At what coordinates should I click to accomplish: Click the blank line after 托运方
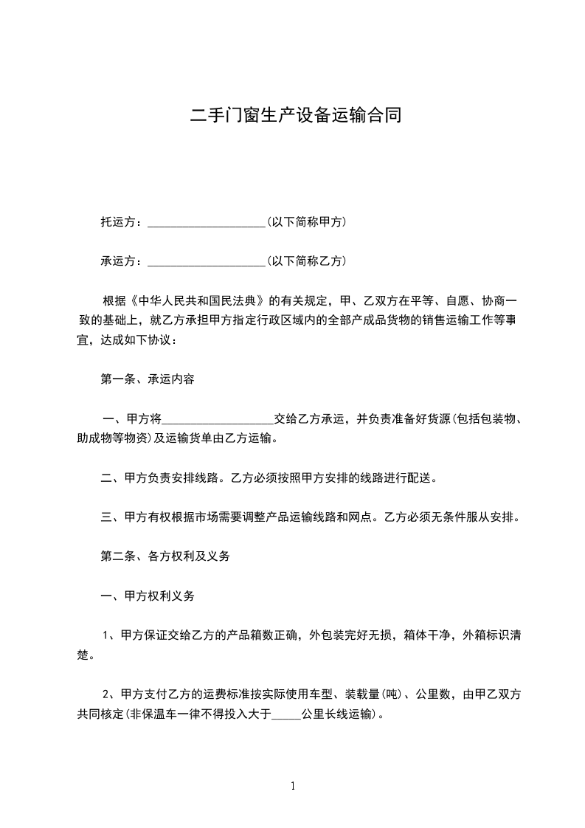(x=207, y=224)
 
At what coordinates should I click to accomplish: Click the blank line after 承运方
(x=207, y=262)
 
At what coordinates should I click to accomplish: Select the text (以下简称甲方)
(x=307, y=222)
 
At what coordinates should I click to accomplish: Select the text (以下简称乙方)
(x=307, y=261)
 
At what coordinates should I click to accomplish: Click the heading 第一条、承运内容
(x=148, y=379)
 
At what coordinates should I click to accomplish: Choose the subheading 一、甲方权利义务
(x=148, y=596)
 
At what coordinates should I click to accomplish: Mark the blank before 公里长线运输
(x=287, y=715)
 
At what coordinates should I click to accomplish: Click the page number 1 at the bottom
(x=293, y=786)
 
